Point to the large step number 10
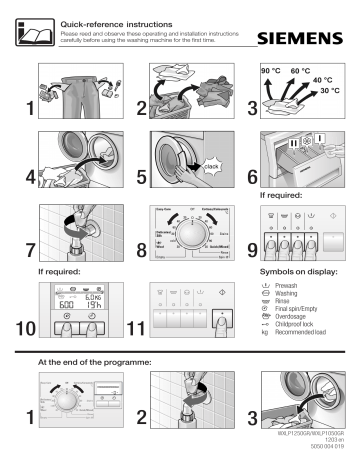tap(21, 327)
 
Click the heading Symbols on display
tap(299, 272)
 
